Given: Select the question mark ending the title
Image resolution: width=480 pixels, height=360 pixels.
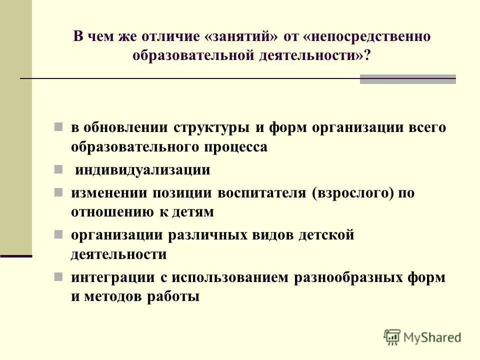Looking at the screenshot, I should [x=367, y=55].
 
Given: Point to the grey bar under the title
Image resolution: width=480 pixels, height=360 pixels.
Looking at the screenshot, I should [x=407, y=79].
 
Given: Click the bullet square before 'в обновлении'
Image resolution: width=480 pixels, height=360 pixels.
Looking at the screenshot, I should [x=58, y=126].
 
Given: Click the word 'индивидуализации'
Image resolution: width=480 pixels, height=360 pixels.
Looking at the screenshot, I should [x=142, y=169].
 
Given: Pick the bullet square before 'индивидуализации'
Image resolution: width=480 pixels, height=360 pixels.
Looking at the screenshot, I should [x=58, y=169].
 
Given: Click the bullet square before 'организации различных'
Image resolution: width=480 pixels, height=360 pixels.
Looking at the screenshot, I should [x=58, y=234].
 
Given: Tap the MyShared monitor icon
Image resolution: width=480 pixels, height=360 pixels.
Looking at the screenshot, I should [x=392, y=337].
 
